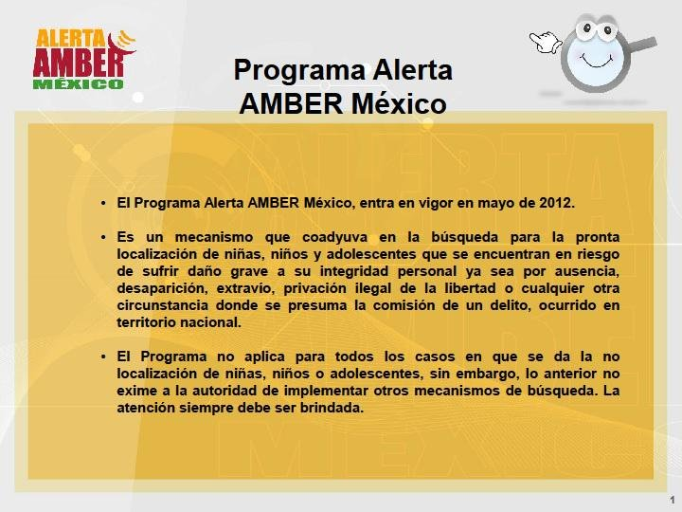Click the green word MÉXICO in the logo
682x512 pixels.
(x=78, y=83)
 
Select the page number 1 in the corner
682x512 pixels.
(x=672, y=500)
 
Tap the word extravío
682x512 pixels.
(x=236, y=287)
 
